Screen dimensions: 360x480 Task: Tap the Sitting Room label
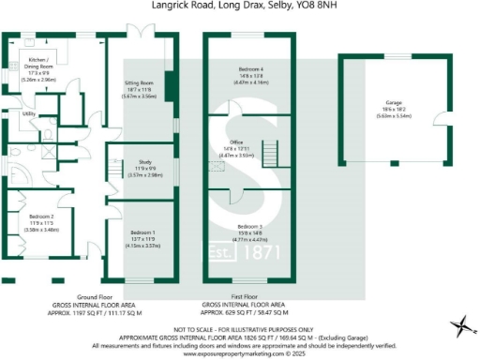[x=139, y=83]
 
